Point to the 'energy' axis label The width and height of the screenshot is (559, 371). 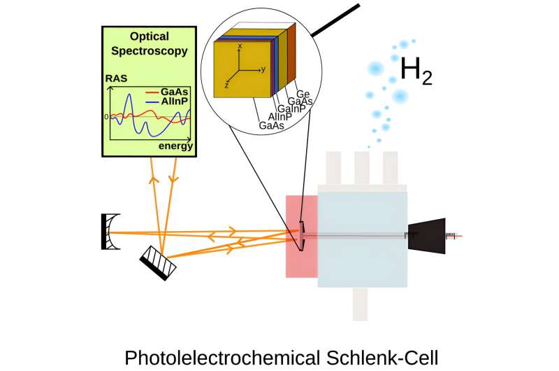point(175,146)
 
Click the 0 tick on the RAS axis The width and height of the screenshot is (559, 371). point(106,116)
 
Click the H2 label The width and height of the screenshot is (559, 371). point(416,70)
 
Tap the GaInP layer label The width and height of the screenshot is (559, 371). point(288,108)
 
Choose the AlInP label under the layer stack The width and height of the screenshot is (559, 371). point(279,116)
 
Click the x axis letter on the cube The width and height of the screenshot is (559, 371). point(240,45)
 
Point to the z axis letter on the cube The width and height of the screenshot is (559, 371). point(226,83)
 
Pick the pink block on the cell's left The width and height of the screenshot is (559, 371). point(301,236)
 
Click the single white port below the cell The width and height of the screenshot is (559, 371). point(360,304)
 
